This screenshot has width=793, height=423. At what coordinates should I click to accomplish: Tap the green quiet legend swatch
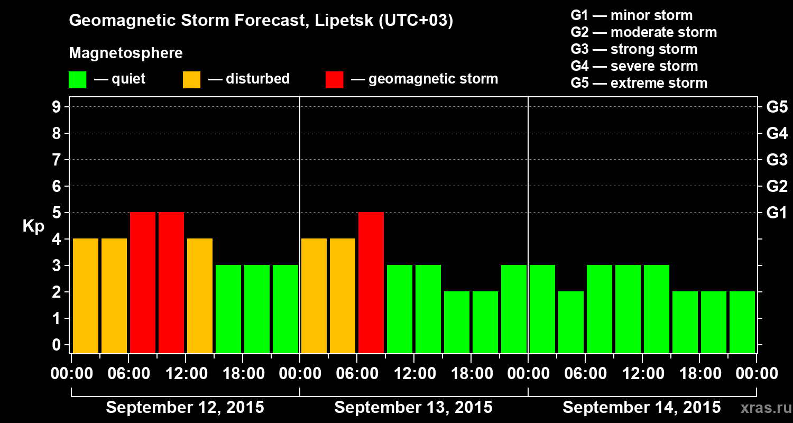(x=77, y=79)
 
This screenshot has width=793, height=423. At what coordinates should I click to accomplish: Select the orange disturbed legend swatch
(x=191, y=79)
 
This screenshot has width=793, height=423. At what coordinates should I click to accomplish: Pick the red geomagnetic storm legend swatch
(x=334, y=79)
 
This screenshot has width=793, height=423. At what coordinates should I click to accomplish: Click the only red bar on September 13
(x=371, y=282)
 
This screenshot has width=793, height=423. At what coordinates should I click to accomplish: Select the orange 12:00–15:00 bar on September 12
(x=200, y=296)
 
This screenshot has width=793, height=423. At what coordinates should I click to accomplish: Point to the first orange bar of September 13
(x=314, y=296)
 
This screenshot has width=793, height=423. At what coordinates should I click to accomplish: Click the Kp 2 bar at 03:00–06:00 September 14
(x=571, y=322)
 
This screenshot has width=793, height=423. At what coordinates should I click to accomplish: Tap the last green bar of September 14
(x=742, y=322)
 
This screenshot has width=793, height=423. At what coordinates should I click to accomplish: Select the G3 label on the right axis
(x=777, y=160)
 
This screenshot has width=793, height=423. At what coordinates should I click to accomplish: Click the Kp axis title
(x=33, y=226)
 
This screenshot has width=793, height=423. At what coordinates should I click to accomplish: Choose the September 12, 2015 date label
(x=185, y=408)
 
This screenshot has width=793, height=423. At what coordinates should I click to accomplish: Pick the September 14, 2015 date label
(x=641, y=408)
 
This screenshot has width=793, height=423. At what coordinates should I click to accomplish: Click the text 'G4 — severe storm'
(x=634, y=66)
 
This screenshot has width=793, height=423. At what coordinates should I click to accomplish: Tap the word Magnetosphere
(x=126, y=53)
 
